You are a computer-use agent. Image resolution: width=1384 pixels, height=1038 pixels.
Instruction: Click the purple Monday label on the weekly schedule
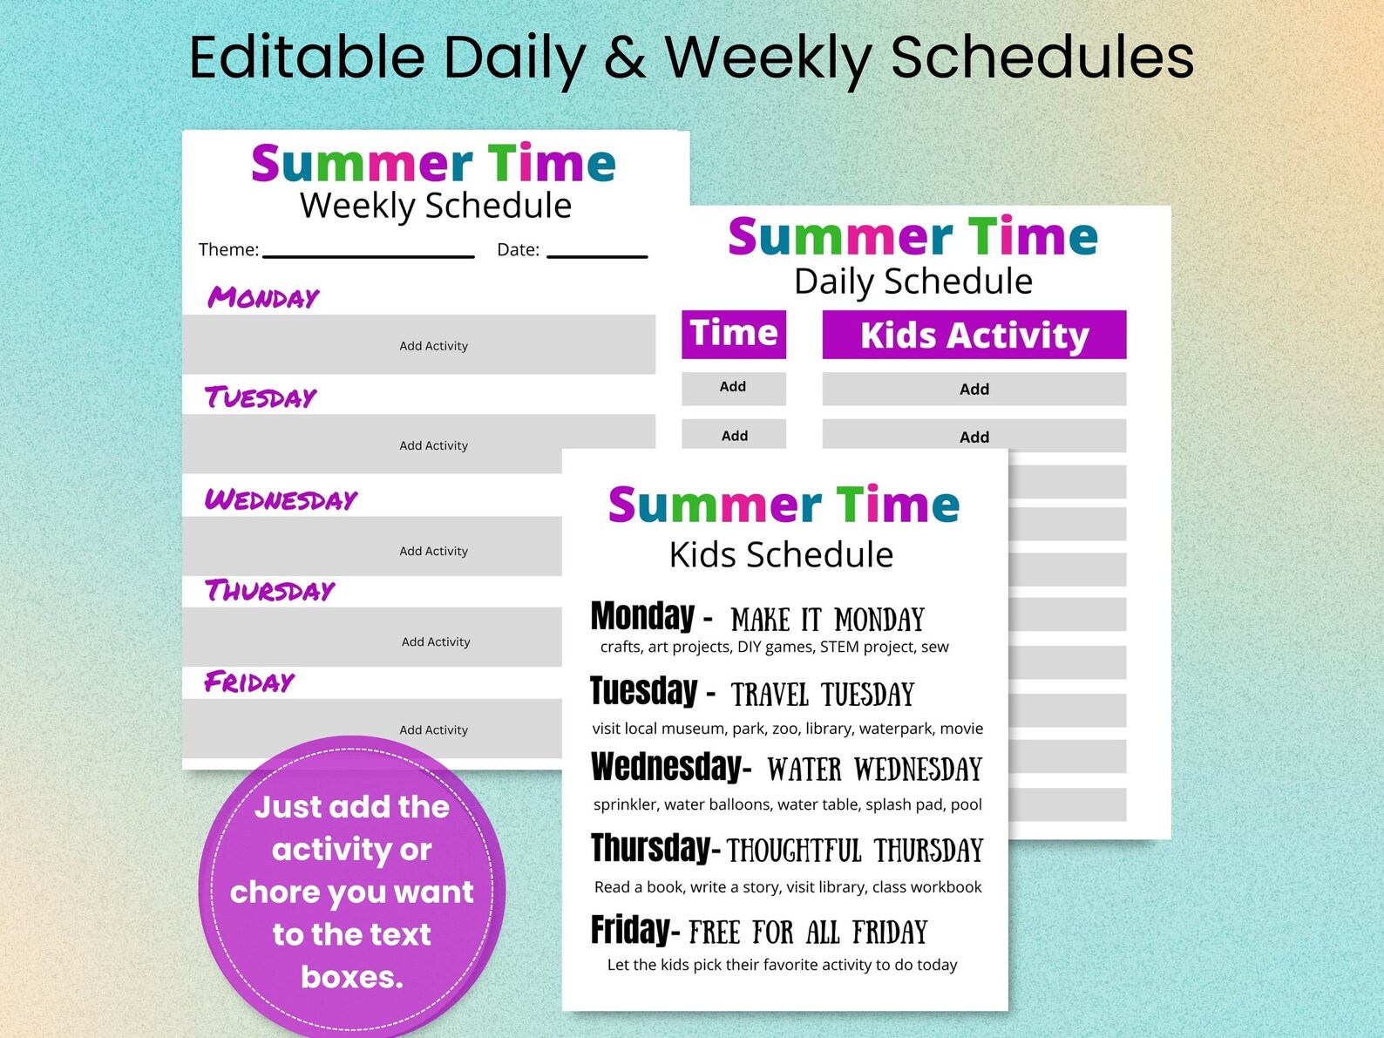point(263,297)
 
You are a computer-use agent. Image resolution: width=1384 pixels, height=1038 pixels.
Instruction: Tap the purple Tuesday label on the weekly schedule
point(261,397)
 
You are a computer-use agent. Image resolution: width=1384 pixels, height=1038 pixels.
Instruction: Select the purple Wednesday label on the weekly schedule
point(281,499)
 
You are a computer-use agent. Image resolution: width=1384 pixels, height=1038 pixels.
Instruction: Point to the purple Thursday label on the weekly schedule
point(269,590)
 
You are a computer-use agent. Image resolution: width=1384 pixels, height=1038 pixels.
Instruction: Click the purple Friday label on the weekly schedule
point(249,682)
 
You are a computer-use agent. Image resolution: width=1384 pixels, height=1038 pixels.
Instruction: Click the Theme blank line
point(369,255)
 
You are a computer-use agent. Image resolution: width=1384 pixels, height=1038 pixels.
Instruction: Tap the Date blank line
point(597,255)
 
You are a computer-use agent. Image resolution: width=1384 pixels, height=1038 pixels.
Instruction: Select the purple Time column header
point(734,334)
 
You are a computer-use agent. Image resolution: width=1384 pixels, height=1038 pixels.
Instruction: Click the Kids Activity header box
point(974,335)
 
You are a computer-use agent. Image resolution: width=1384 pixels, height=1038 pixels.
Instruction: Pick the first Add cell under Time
point(733,388)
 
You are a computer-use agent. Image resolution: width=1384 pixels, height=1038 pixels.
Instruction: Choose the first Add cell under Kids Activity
point(974,389)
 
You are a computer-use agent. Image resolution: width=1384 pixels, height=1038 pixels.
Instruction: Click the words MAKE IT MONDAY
point(827,620)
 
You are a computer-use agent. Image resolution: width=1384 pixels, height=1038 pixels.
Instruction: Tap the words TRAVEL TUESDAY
point(823,695)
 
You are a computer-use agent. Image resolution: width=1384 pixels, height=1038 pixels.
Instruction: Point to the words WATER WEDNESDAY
point(874,770)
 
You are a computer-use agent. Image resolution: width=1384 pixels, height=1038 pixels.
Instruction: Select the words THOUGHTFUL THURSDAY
point(855,851)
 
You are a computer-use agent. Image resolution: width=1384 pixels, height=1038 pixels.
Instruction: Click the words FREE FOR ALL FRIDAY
point(808,933)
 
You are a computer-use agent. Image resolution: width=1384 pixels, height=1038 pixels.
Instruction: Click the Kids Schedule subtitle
point(781,554)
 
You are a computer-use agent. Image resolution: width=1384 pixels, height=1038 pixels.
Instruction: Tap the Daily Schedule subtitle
point(913,282)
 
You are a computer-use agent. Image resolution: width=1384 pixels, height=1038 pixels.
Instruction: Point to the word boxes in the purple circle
point(352,977)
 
